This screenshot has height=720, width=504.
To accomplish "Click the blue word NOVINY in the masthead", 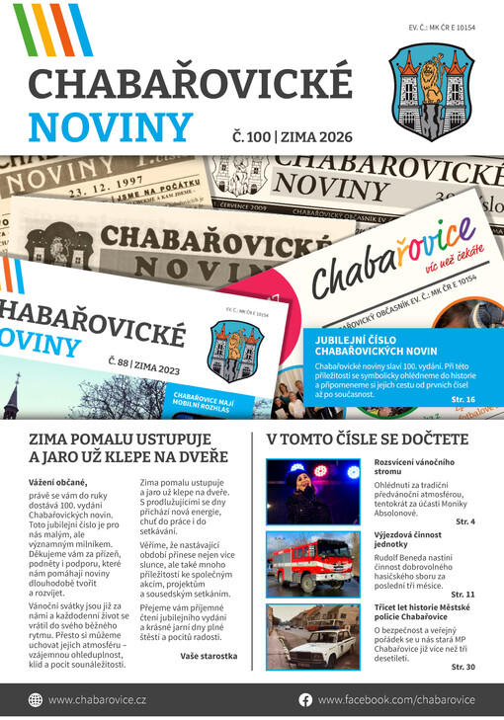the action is [x=110, y=127].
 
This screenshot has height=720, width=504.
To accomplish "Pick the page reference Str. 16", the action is [x=462, y=399].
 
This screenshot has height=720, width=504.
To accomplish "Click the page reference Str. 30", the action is [x=462, y=668].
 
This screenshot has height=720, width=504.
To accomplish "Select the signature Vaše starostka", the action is [x=209, y=655].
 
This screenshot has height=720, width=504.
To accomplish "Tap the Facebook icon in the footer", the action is [x=305, y=699].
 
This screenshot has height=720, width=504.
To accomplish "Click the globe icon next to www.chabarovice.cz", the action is [x=36, y=699].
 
